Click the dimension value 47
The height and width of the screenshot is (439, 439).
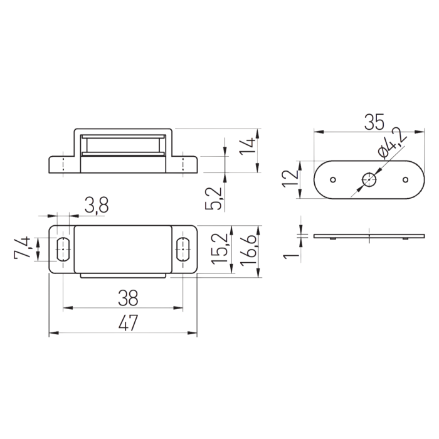(x=128, y=323)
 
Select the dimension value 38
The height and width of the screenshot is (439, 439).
(x=128, y=298)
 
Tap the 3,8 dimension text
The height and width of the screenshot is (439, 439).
(x=97, y=206)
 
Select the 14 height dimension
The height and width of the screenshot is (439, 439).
(x=247, y=145)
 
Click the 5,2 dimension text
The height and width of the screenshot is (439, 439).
(x=213, y=199)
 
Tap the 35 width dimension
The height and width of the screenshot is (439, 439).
(x=374, y=122)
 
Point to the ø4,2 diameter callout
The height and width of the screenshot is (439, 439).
(x=392, y=143)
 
